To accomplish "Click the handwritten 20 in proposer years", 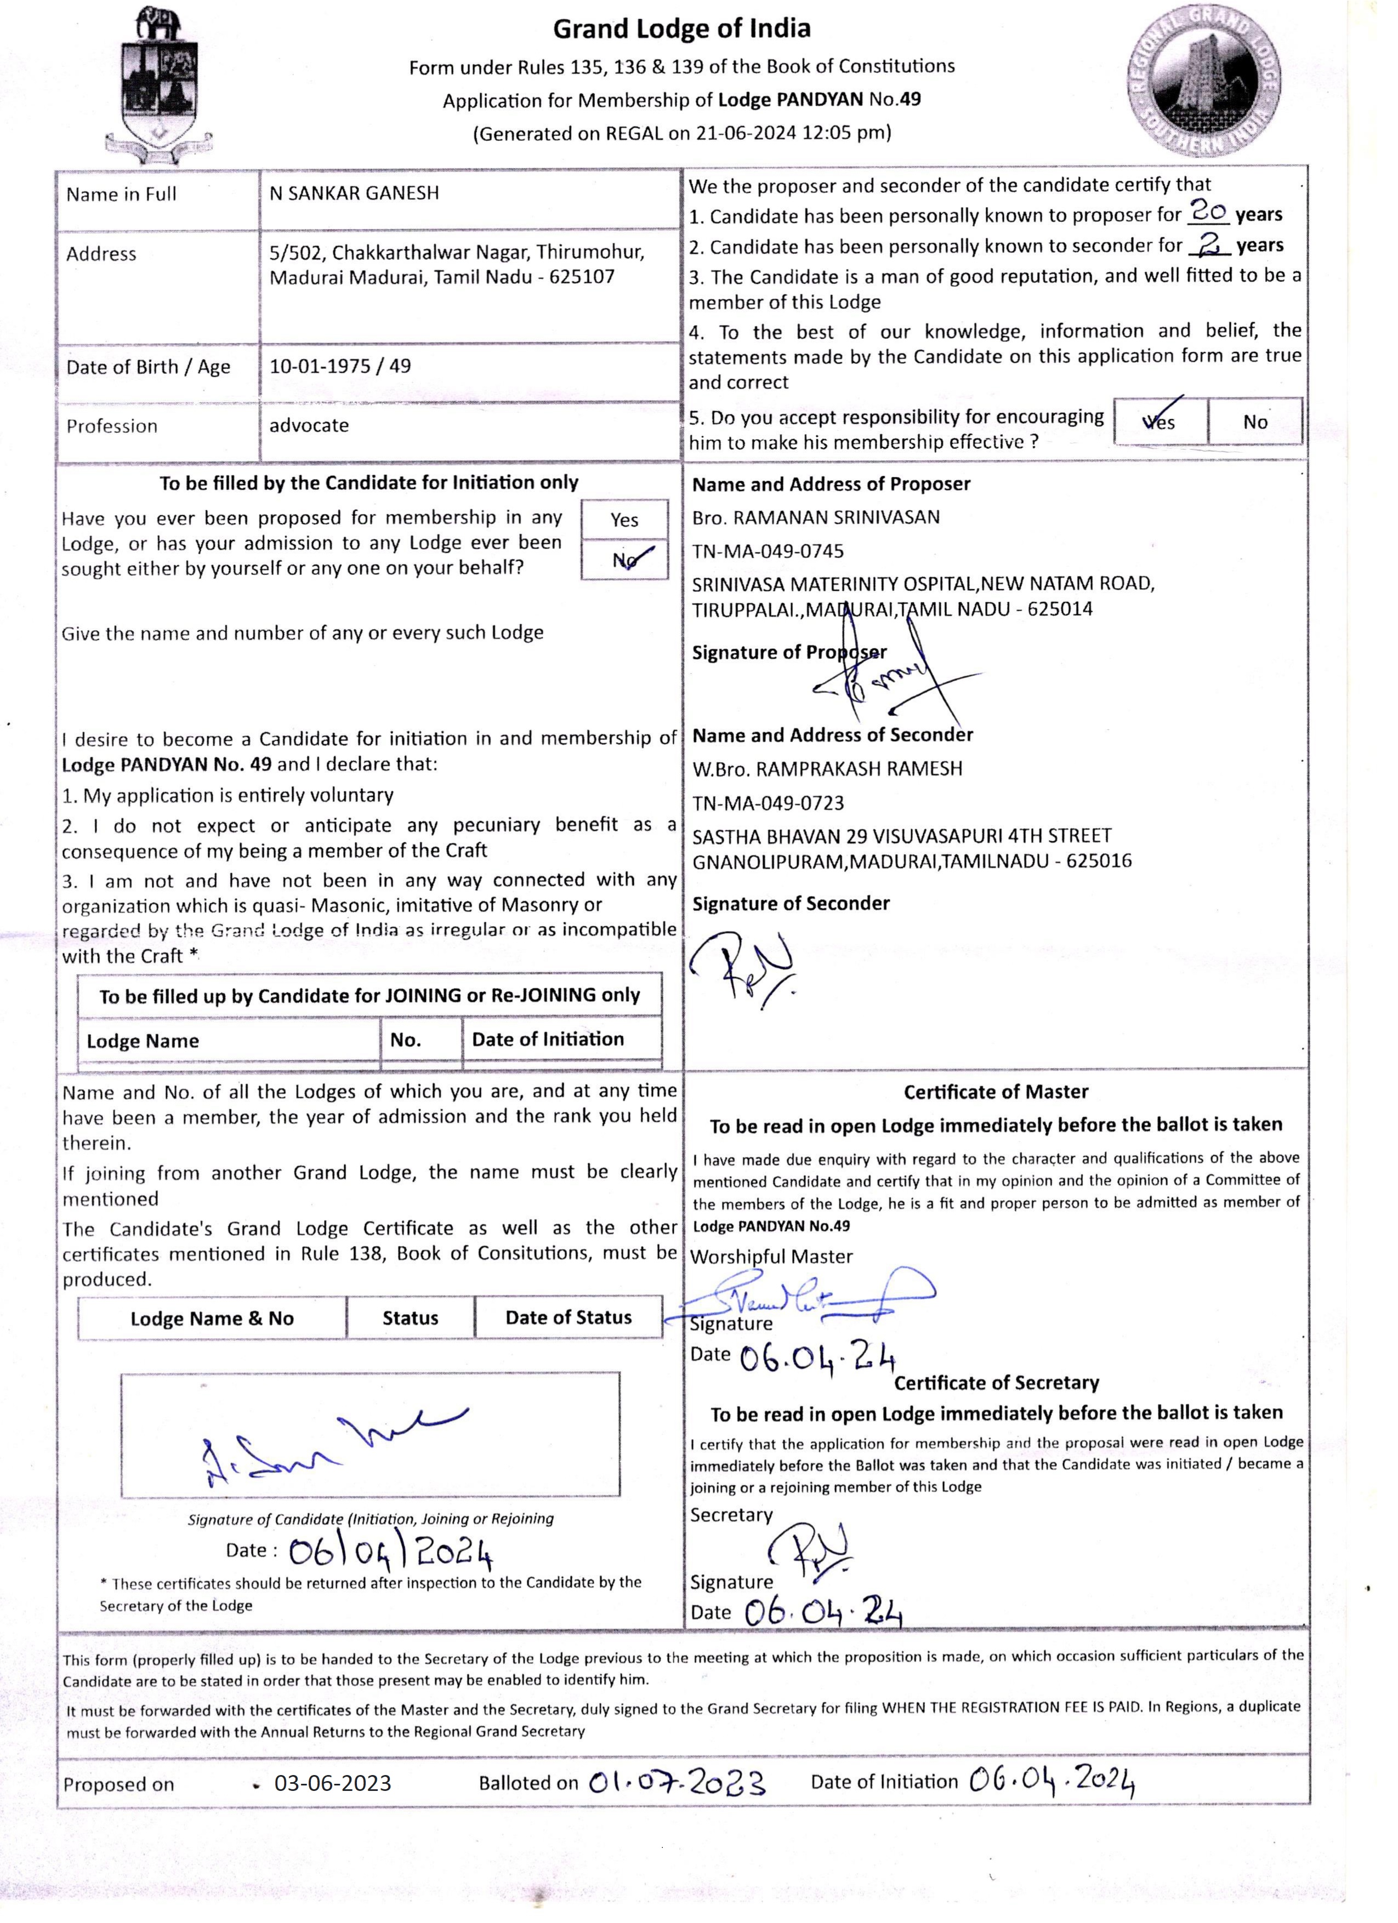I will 1207,210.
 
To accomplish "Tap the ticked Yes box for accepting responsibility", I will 1160,421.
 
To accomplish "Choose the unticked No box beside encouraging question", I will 1255,422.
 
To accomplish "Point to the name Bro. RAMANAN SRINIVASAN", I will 816,517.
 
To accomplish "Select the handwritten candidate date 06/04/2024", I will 390,1553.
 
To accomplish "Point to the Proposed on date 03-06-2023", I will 333,1783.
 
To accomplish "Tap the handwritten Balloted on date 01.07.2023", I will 677,1782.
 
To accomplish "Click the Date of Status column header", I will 569,1317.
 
